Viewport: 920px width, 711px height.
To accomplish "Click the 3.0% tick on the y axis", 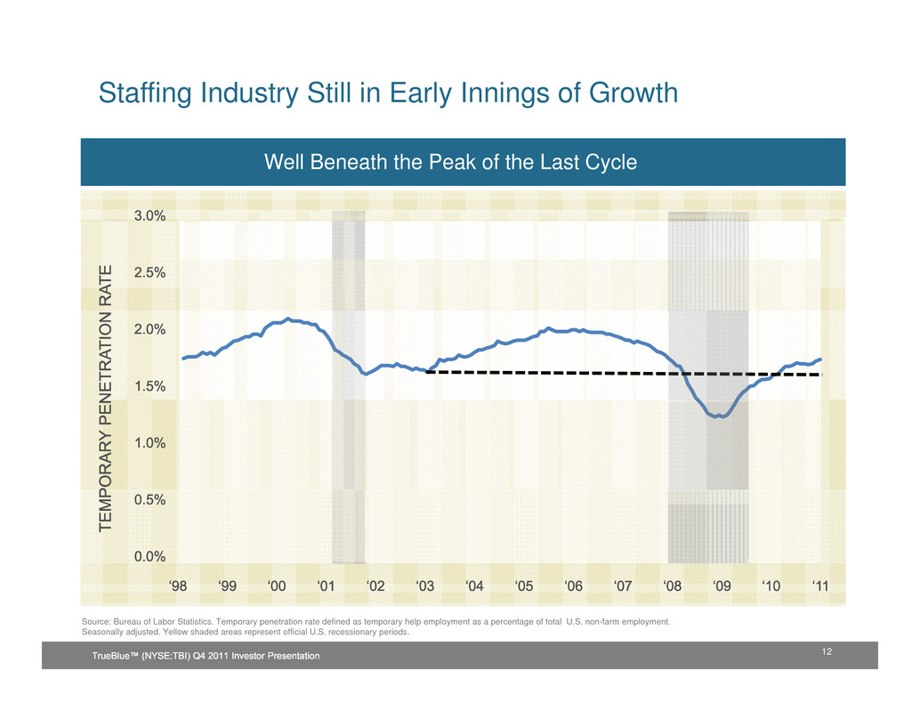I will tap(150, 216).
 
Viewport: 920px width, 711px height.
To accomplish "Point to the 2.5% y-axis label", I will tap(150, 273).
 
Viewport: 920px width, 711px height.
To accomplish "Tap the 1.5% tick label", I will tap(150, 387).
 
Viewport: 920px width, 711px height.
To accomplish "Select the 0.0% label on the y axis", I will tap(150, 557).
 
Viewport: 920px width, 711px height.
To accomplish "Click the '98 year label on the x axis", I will tap(178, 586).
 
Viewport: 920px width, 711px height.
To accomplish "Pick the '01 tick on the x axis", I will tap(326, 586).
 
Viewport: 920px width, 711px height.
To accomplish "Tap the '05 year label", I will tap(524, 586).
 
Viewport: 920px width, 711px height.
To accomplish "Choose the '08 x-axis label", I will tap(673, 586).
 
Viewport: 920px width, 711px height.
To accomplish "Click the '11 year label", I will tap(821, 586).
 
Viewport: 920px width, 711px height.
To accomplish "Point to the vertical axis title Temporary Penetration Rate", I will tap(107, 399).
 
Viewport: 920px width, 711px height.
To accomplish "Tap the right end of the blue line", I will tap(820, 359).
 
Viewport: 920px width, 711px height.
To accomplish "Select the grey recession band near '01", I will tap(348, 387).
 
